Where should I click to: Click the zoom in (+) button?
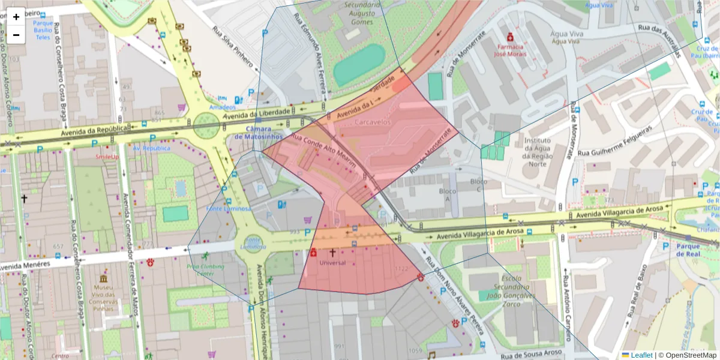point(16,17)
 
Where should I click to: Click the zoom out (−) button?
point(16,35)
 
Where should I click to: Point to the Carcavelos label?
point(373,122)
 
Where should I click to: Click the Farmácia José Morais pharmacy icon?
point(509,35)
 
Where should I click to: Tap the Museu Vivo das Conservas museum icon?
point(104,279)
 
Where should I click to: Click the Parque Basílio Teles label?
point(43,30)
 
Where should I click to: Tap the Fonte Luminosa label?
point(228,209)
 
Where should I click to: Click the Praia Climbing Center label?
point(205,270)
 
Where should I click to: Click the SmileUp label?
point(107,157)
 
